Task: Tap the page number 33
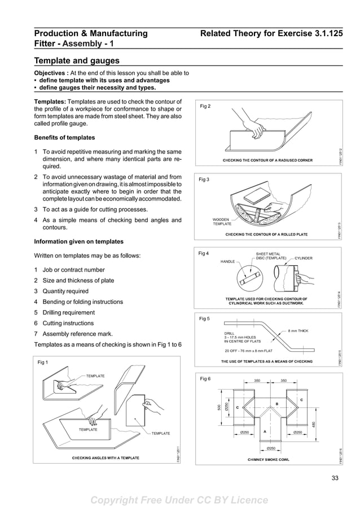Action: point(336,481)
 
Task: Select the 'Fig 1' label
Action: point(43,362)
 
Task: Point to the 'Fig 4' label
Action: point(204,254)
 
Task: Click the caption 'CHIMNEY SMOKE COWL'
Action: point(268,459)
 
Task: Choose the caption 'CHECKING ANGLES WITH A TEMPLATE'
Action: point(106,457)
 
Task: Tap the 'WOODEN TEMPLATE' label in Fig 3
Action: point(222,221)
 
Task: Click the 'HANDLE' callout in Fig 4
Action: point(227,261)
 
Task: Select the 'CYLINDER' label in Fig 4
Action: point(303,258)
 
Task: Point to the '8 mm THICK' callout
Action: point(298,330)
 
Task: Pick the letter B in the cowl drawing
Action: point(276,403)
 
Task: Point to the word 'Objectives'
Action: point(51,73)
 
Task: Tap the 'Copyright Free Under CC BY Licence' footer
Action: point(179,500)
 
